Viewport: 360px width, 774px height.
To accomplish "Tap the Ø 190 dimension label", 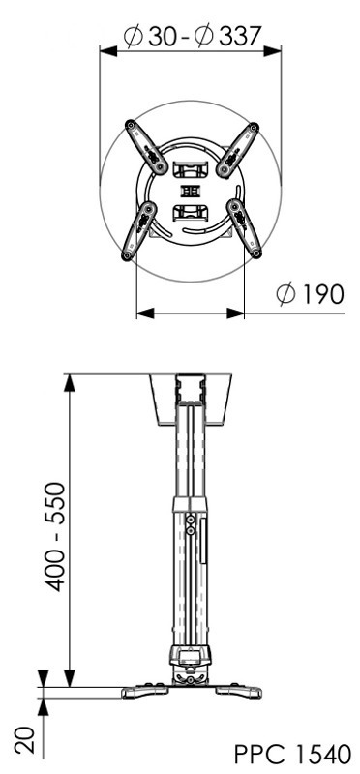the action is pos(310,295).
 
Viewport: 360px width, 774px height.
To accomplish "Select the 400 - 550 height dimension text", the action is pos(55,537).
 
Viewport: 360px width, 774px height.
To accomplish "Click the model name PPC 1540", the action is pos(293,755).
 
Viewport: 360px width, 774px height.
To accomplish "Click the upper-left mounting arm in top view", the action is pos(147,147).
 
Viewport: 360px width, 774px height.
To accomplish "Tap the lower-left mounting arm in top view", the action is pos(138,230).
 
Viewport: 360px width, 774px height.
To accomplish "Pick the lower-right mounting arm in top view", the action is pos(245,227).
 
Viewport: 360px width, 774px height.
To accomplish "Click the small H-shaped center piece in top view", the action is pos(190,191).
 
